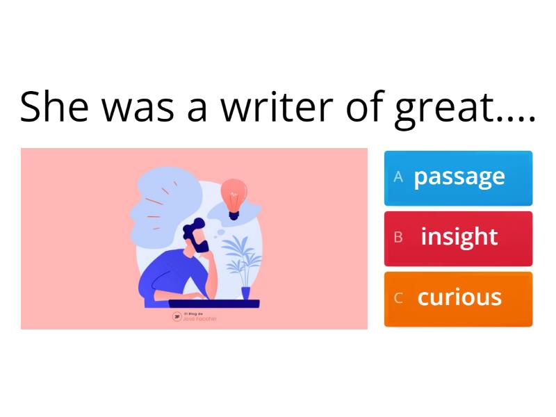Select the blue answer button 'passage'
[x=459, y=178]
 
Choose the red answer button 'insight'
[x=459, y=238]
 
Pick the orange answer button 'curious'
[x=459, y=299]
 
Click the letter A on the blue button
[x=398, y=177]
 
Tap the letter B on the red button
[x=398, y=238]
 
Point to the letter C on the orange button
[x=398, y=298]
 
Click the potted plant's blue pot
[x=245, y=293]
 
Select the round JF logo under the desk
[x=177, y=316]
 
